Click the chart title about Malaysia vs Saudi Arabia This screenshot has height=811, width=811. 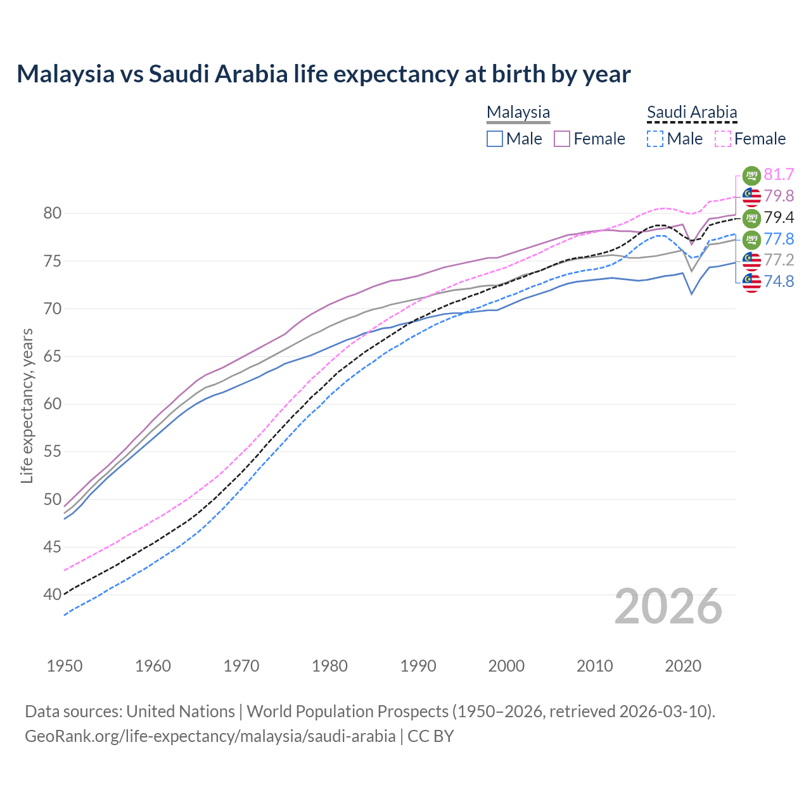(x=323, y=74)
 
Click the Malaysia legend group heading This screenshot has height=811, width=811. (x=518, y=112)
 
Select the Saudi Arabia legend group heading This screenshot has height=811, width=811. (x=692, y=112)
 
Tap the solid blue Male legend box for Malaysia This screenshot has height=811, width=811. (x=495, y=139)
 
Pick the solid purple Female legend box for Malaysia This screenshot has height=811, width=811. (x=563, y=139)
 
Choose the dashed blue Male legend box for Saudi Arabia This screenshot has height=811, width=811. (x=655, y=139)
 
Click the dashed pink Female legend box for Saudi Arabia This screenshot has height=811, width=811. (x=723, y=139)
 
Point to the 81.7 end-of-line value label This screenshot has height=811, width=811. (x=779, y=174)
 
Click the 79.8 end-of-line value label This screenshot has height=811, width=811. (x=779, y=196)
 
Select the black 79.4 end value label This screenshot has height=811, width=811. (x=779, y=217)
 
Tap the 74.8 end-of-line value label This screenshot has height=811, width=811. (x=779, y=281)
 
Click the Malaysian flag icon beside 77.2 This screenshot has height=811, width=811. (x=751, y=260)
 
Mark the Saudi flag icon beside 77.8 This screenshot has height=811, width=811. (x=751, y=239)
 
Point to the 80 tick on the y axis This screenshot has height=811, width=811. (x=53, y=214)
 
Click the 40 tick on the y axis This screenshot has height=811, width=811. (x=53, y=594)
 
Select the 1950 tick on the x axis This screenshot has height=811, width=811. (x=65, y=666)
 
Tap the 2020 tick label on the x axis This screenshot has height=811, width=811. (x=683, y=666)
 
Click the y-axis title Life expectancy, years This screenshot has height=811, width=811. (x=27, y=405)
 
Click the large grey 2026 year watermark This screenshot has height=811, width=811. (x=668, y=606)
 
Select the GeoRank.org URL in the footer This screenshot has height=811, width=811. (x=210, y=736)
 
